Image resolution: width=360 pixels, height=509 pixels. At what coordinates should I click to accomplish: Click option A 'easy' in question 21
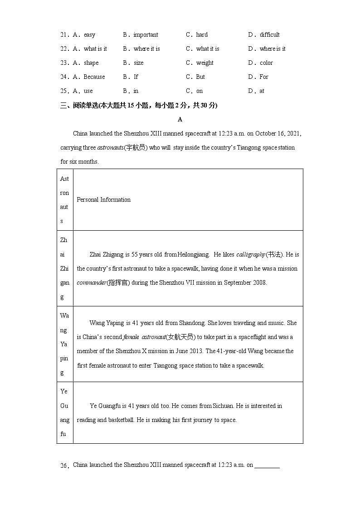pyautogui.click(x=89, y=35)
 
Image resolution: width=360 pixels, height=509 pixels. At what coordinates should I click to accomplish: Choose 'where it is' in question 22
pyautogui.click(x=146, y=49)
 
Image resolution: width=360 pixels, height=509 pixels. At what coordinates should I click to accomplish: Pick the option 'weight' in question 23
pyautogui.click(x=204, y=63)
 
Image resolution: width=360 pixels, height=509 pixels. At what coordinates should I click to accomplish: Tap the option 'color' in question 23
pyautogui.click(x=266, y=63)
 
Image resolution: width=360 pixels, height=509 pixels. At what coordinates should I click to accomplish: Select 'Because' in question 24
pyautogui.click(x=94, y=77)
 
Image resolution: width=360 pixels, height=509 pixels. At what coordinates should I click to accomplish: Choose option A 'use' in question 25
pyautogui.click(x=88, y=91)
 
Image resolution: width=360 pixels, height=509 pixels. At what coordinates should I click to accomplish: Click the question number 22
pyautogui.click(x=64, y=49)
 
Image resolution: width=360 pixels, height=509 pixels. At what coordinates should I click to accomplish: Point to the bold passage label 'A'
pyautogui.click(x=180, y=119)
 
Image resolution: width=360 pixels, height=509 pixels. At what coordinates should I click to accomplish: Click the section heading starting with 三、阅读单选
pyautogui.click(x=139, y=106)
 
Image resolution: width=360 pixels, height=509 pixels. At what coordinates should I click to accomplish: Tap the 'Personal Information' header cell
pyautogui.click(x=104, y=200)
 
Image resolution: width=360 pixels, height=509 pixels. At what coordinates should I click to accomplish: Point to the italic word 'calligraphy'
pyautogui.click(x=250, y=255)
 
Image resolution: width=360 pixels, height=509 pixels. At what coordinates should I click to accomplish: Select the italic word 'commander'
pyautogui.click(x=91, y=283)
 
